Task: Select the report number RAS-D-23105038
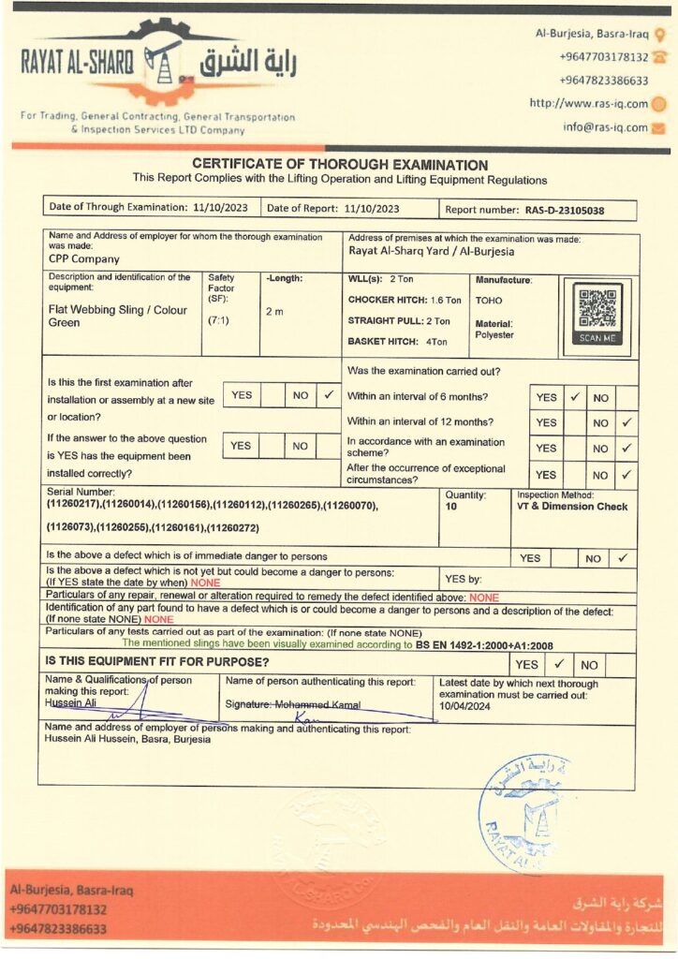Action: tap(564, 211)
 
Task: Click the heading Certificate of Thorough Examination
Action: tap(340, 165)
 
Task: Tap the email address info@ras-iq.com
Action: tap(605, 127)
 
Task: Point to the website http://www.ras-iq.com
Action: tap(588, 103)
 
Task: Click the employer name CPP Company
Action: tap(84, 259)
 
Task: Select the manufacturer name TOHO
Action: tap(489, 301)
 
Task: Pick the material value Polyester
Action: tap(494, 334)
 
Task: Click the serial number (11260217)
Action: tap(75, 506)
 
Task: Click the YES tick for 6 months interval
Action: tap(575, 397)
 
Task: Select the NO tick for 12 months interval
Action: tap(626, 422)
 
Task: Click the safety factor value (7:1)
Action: tap(220, 319)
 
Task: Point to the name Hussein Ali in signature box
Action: tap(71, 702)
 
